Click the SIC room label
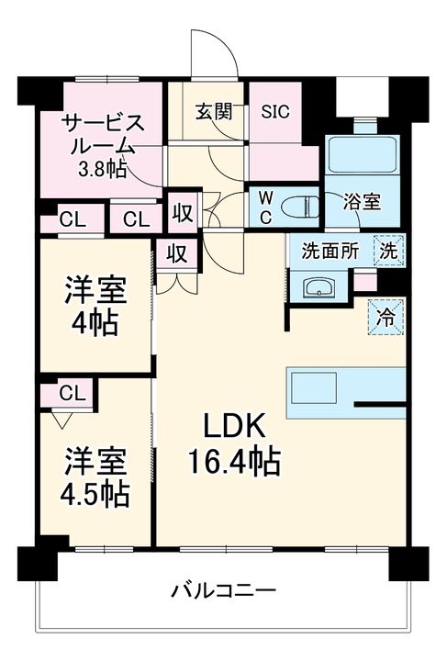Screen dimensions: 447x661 click(275, 111)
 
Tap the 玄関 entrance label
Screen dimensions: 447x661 click(214, 111)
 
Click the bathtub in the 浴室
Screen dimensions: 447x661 click(363, 154)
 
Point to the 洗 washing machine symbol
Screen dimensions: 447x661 click(389, 252)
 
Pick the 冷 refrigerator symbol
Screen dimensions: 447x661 click(386, 318)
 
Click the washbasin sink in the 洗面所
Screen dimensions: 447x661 click(318, 287)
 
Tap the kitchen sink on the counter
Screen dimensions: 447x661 click(313, 387)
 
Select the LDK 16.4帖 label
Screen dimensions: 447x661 click(234, 443)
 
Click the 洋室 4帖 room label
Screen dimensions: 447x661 click(95, 306)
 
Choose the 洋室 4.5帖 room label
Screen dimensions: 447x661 click(95, 477)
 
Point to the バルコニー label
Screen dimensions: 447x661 click(223, 590)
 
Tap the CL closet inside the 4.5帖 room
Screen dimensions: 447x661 click(73, 393)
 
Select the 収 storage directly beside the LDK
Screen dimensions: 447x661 click(177, 253)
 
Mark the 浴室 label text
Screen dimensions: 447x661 click(362, 202)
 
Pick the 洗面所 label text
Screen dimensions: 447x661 click(330, 252)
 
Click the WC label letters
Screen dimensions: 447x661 click(265, 207)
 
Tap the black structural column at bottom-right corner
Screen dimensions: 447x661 click(408, 563)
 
